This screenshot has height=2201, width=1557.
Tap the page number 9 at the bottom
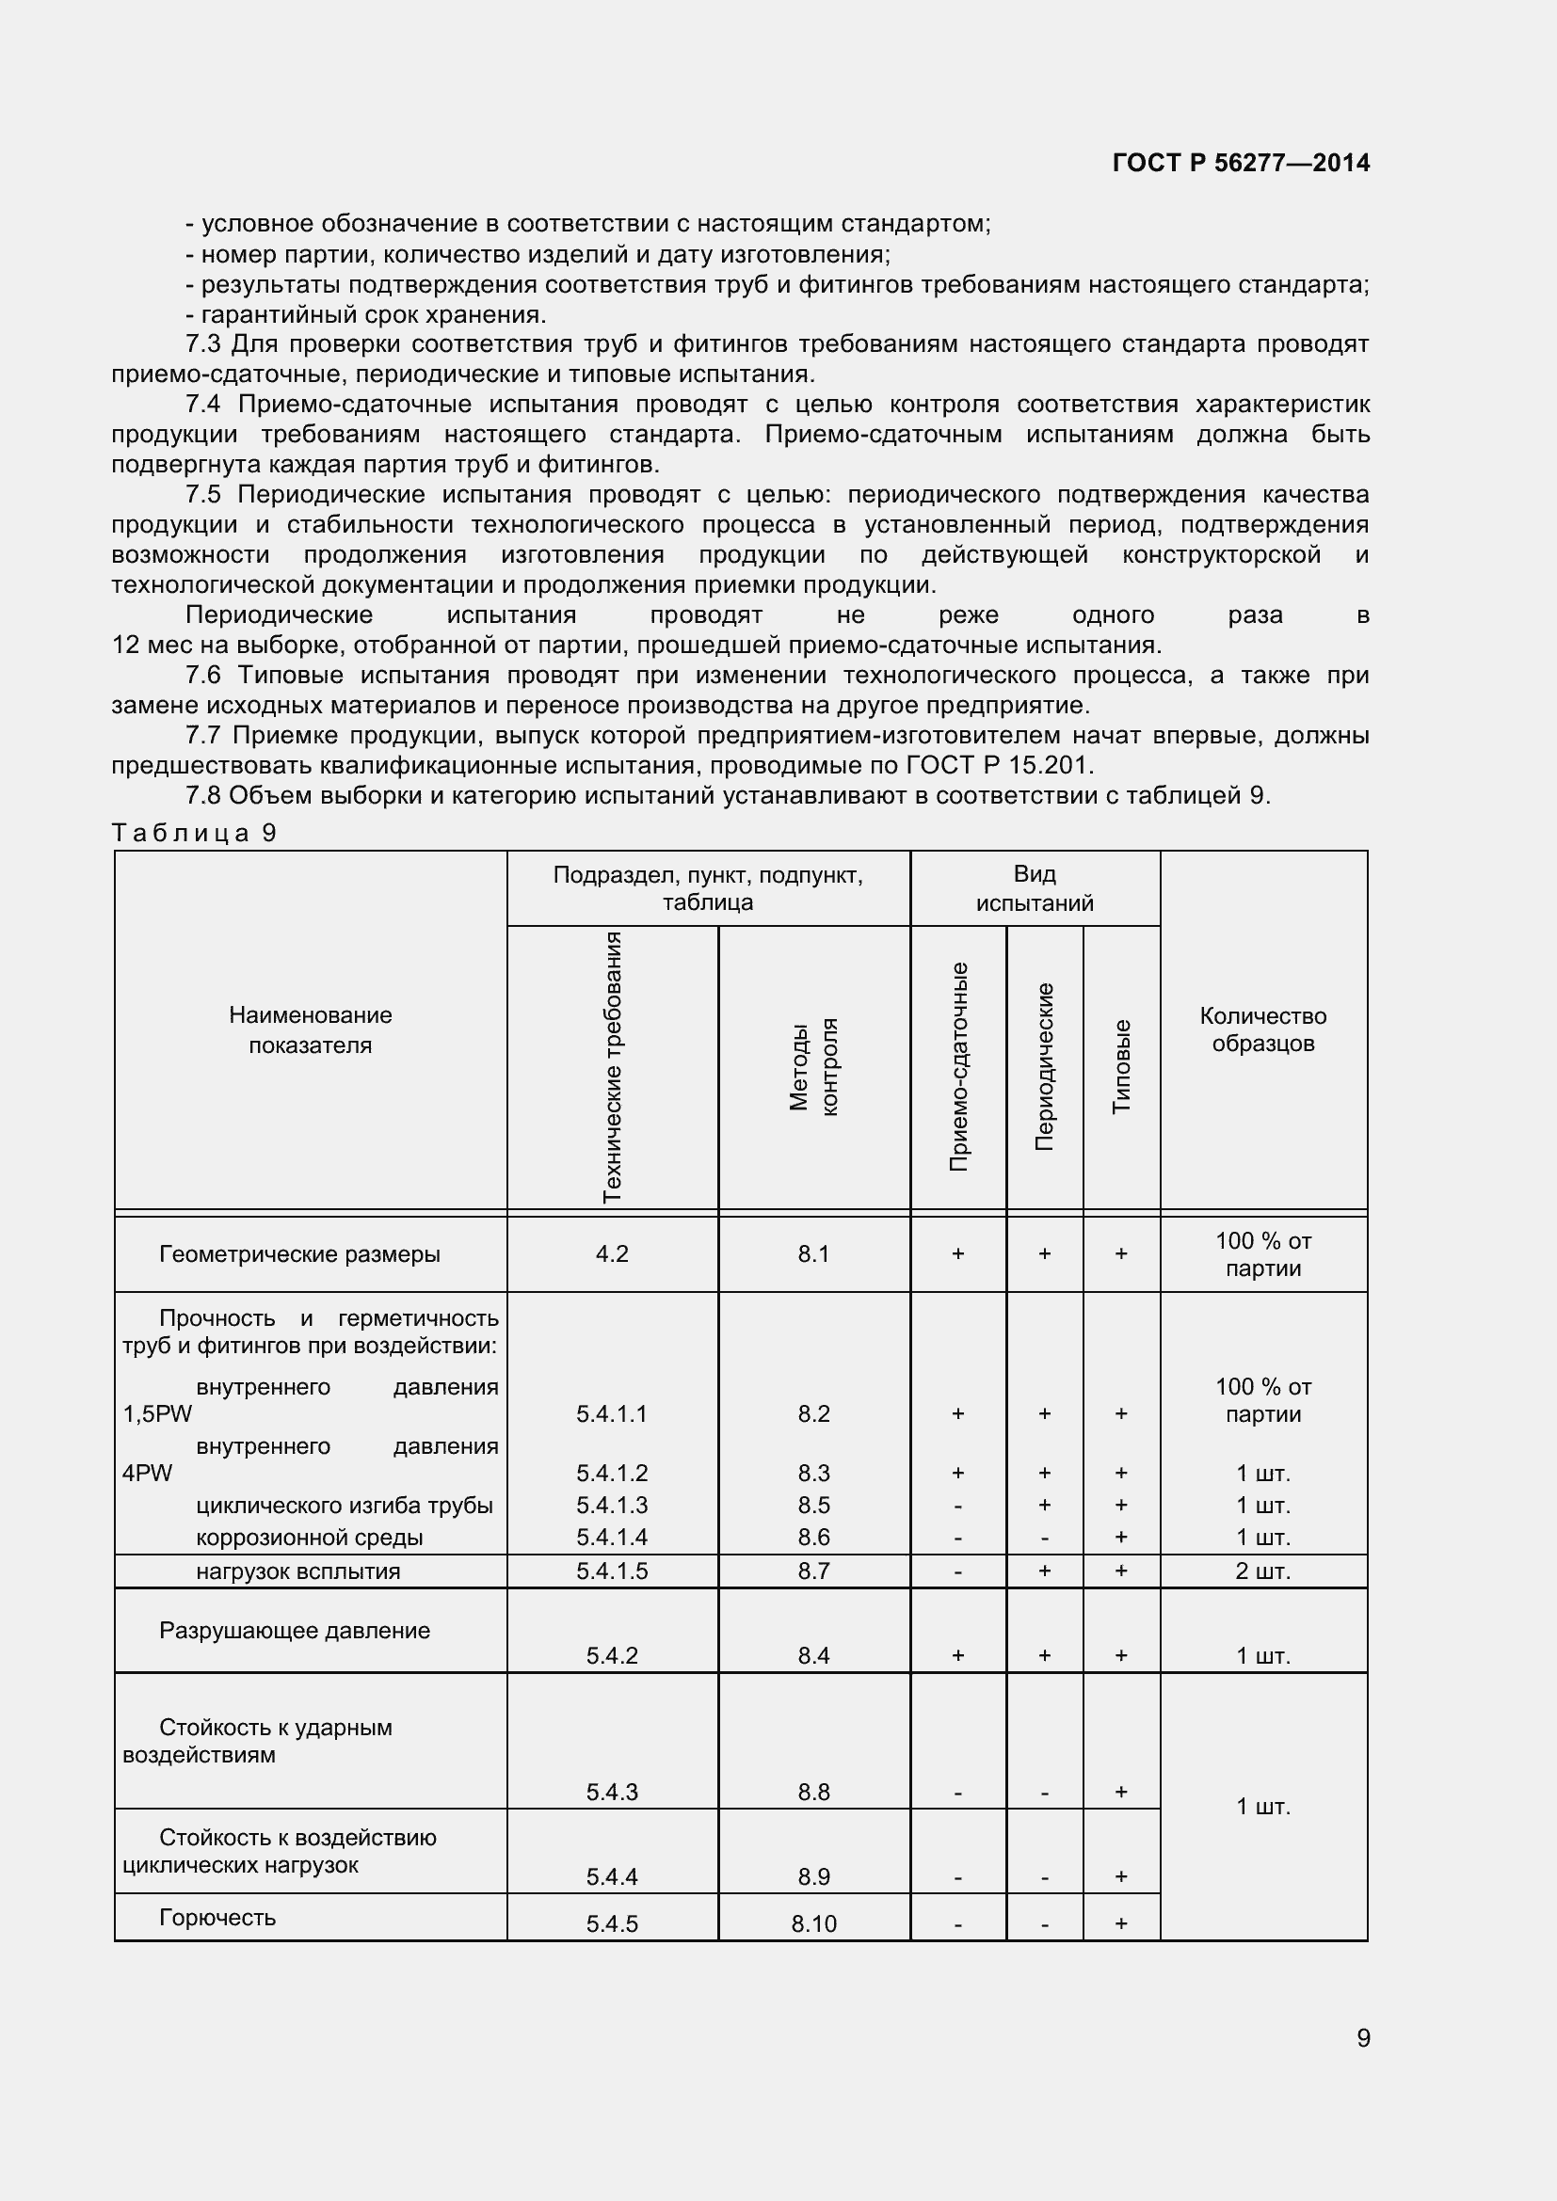click(x=1362, y=2037)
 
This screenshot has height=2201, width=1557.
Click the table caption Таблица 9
click(x=195, y=832)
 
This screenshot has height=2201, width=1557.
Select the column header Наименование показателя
click(x=310, y=1029)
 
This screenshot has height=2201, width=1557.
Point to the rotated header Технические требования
click(x=612, y=1066)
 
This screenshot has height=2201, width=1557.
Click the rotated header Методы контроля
click(x=813, y=1066)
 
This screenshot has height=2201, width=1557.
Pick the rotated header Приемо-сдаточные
click(x=957, y=1066)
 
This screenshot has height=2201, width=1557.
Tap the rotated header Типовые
click(x=1121, y=1066)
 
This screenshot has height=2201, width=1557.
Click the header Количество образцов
click(x=1262, y=1029)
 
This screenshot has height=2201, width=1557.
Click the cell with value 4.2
click(x=612, y=1253)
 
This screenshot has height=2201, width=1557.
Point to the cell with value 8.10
click(x=813, y=1924)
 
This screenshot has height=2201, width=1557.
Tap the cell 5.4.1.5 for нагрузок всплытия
click(x=612, y=1571)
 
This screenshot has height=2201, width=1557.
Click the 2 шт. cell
click(x=1262, y=1571)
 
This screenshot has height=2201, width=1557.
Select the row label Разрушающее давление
click(x=295, y=1631)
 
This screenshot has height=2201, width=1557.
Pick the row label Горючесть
click(x=217, y=1917)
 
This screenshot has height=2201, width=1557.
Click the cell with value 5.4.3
click(x=612, y=1792)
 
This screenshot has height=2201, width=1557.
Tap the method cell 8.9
click(x=813, y=1876)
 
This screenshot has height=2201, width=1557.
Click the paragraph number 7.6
click(x=202, y=675)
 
